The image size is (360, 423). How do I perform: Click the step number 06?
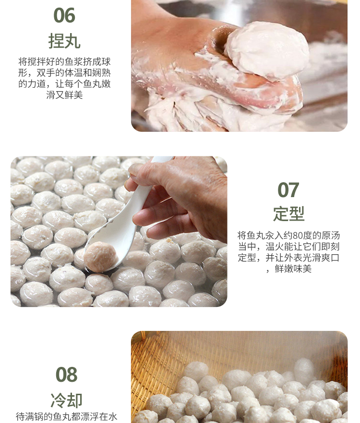(64, 15)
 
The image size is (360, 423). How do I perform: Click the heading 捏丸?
(64, 41)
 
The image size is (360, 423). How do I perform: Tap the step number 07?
(288, 190)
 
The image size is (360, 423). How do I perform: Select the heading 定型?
(288, 214)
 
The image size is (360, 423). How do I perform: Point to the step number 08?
(66, 375)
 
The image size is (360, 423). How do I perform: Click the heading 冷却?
(66, 399)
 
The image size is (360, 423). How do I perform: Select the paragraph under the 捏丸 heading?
(64, 78)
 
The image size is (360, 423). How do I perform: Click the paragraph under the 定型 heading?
(288, 252)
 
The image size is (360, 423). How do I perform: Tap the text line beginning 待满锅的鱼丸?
(66, 416)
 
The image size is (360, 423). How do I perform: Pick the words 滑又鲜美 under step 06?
(64, 95)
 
